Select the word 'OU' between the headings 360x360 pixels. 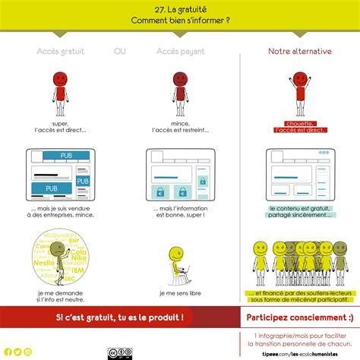pyautogui.click(x=120, y=51)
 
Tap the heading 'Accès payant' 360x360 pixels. pyautogui.click(x=181, y=51)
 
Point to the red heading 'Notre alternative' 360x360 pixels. pyautogui.click(x=299, y=51)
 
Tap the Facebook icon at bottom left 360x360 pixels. pyautogui.click(x=7, y=352)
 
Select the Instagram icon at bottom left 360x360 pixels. pyautogui.click(x=28, y=352)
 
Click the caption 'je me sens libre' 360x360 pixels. pyautogui.click(x=181, y=292)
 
